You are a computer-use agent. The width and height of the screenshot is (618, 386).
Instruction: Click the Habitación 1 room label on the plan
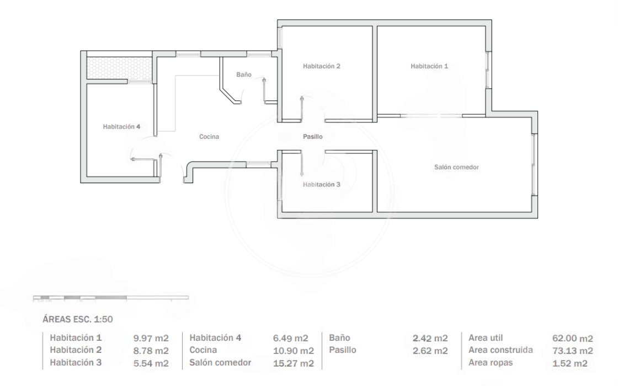coord(429,66)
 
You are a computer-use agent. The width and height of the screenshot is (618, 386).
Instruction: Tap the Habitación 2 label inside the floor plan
coord(322,66)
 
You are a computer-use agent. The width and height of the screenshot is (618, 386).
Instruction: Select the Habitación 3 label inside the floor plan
coord(322,184)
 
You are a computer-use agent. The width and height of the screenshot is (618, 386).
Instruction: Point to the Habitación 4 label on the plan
coord(121,126)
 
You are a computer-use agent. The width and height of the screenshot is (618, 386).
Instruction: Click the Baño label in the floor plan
coord(244,74)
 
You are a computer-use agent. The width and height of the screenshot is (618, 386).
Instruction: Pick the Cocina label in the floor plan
coord(209,137)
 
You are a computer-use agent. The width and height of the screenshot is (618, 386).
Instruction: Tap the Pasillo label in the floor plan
coord(312,137)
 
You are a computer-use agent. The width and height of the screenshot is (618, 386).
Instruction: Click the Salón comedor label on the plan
coord(456,167)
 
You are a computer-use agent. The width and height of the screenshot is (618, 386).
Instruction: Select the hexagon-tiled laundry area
coord(119,67)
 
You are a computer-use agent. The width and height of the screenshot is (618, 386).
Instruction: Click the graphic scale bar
coord(111,297)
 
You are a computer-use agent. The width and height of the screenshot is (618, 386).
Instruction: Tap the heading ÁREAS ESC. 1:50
coord(78,319)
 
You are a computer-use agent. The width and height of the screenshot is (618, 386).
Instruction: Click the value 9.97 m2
coord(151,338)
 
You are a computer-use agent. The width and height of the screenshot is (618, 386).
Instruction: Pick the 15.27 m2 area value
coord(293,363)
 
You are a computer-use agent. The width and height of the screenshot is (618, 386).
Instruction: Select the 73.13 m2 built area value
coord(573,351)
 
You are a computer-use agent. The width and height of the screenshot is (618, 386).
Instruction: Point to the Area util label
coord(486,338)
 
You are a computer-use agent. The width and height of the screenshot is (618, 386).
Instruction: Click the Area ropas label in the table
coord(491,363)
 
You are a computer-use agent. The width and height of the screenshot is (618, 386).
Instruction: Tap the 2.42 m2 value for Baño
coord(430,338)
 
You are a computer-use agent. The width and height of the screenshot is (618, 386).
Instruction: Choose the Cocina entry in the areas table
coord(203,350)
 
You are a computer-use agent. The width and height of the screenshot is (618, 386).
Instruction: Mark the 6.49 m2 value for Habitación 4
coord(290,338)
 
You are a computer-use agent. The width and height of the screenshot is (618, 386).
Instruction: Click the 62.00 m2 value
coord(573,338)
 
